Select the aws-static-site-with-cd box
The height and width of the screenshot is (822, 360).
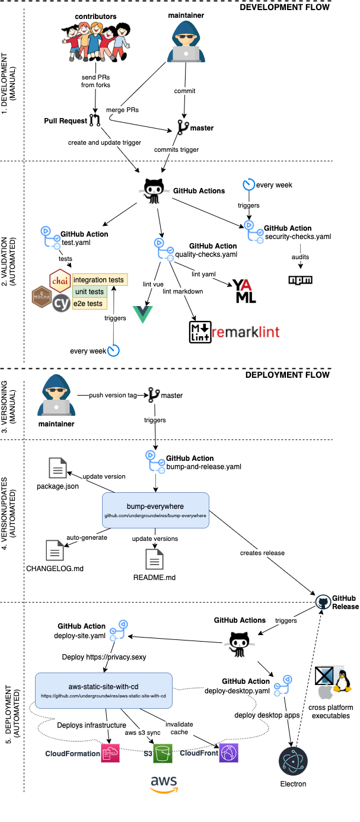103,690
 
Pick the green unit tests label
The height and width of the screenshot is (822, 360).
89,292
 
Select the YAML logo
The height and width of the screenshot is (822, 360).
244,292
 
